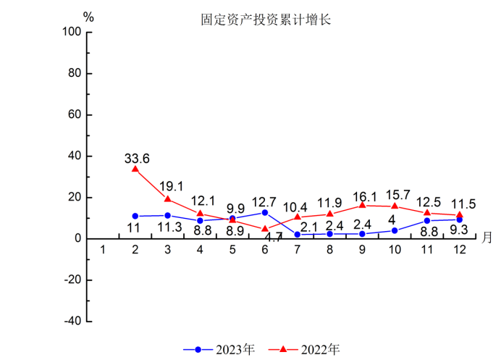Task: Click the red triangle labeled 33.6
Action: click(135, 169)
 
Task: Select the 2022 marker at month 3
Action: click(168, 198)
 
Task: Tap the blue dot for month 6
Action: click(265, 212)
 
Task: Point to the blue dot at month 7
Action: click(298, 234)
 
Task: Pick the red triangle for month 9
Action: click(362, 205)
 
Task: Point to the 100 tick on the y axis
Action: click(73, 32)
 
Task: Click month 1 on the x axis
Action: click(103, 250)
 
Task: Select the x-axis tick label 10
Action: click(395, 250)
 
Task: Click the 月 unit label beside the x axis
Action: click(487, 237)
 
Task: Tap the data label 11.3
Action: click(168, 227)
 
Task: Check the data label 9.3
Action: click(459, 231)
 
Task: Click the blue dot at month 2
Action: click(135, 216)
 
